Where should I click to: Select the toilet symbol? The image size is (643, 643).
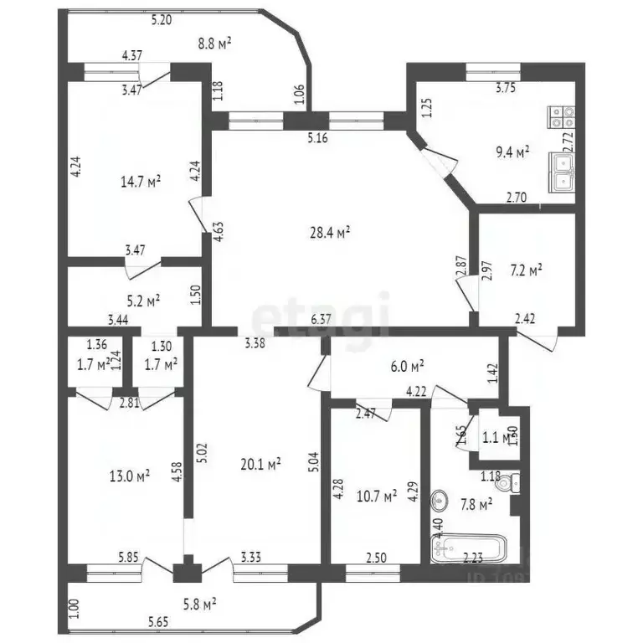coord(515,481)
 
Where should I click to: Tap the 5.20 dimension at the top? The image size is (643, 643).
coord(161,21)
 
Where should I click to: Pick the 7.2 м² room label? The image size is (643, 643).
coord(527,270)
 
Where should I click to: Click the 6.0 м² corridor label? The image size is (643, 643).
coord(408,365)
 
